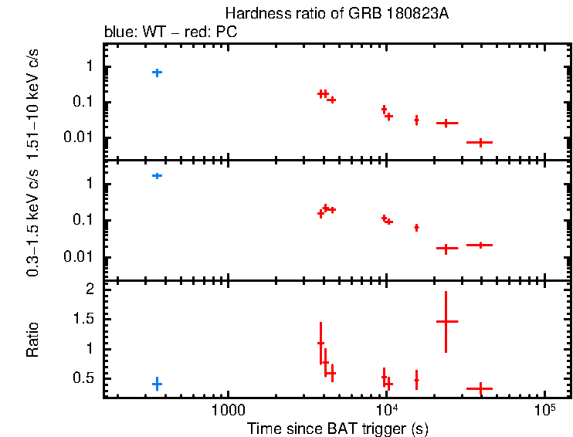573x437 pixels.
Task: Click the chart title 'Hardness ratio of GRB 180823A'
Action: pos(336,14)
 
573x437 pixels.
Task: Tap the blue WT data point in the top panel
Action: pos(157,73)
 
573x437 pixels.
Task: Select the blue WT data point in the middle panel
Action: pos(157,176)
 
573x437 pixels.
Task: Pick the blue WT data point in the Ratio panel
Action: pos(157,384)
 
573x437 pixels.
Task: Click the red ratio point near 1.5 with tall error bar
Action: pos(446,321)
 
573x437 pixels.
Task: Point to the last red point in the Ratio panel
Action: pos(480,388)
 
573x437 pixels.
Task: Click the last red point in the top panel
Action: pos(480,143)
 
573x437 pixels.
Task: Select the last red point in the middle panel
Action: pos(480,246)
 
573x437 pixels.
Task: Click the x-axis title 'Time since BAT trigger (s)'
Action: pos(337,428)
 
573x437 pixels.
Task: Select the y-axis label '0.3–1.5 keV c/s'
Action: pos(33,222)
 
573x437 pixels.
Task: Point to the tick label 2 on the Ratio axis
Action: pos(90,290)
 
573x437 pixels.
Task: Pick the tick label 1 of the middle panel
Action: pos(90,184)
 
